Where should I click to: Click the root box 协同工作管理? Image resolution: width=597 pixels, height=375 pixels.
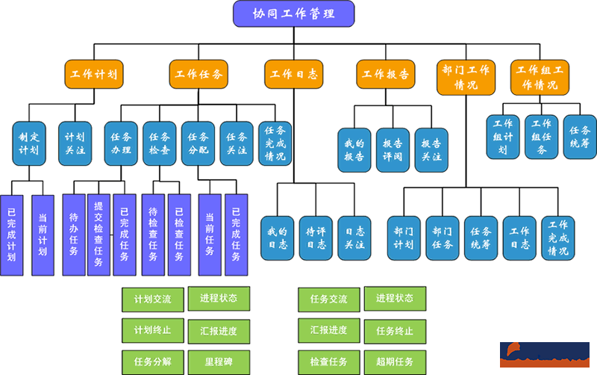[293, 13]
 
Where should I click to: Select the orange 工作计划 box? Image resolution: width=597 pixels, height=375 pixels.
[93, 74]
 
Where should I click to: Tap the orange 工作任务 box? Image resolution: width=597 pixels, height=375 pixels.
[198, 74]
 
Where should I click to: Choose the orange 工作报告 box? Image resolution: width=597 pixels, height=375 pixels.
[385, 74]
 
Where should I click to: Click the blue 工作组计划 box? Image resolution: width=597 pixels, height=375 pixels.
[503, 136]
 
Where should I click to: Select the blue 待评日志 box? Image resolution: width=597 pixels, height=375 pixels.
[316, 238]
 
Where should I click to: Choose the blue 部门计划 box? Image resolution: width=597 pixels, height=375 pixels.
[404, 238]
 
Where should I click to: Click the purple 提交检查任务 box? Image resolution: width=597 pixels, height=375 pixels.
[99, 235]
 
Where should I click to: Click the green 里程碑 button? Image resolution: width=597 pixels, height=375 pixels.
[219, 362]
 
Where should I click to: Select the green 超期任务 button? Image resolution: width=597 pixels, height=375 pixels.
[395, 362]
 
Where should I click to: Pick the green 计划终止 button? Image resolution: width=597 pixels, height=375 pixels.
[152, 330]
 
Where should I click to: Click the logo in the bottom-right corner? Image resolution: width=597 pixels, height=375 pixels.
[544, 352]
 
